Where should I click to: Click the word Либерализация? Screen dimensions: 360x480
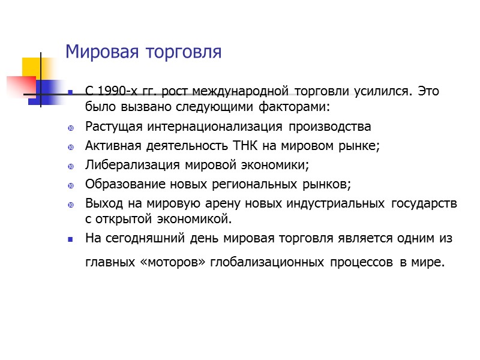(128, 164)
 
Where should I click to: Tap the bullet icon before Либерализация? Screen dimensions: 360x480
(70, 165)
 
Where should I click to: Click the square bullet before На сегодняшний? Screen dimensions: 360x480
(70, 239)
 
